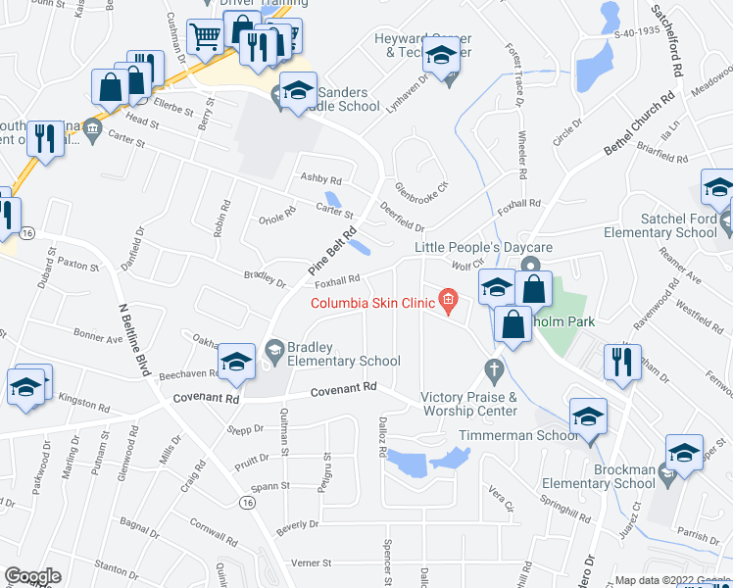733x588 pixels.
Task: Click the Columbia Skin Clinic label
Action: [x=373, y=302]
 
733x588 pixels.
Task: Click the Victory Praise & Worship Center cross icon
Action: [x=494, y=370]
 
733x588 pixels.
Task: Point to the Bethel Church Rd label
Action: [x=640, y=123]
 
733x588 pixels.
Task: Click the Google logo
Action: [x=32, y=577]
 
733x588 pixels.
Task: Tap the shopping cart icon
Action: [x=205, y=37]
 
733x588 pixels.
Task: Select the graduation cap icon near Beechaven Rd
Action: [x=235, y=362]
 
